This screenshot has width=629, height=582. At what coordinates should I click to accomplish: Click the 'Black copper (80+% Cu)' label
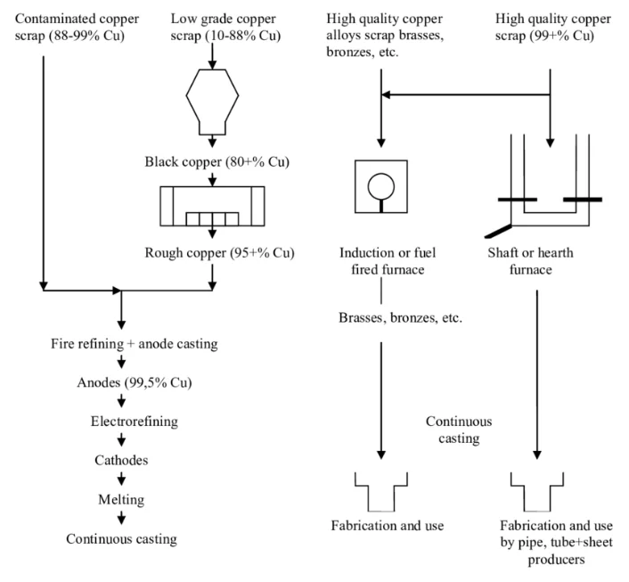pyautogui.click(x=217, y=161)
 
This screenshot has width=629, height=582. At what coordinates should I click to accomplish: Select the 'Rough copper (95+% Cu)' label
pyautogui.click(x=219, y=253)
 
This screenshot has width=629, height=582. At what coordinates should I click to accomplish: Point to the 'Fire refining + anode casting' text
pyautogui.click(x=135, y=344)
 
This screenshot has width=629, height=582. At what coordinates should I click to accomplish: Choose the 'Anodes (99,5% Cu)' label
pyautogui.click(x=135, y=382)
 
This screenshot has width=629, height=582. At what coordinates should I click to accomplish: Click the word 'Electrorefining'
pyautogui.click(x=135, y=422)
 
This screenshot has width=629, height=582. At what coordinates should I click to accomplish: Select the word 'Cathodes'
pyautogui.click(x=121, y=460)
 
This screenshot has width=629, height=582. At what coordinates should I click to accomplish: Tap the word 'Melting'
pyautogui.click(x=121, y=500)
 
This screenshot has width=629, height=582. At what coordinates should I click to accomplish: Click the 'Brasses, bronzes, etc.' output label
pyautogui.click(x=400, y=318)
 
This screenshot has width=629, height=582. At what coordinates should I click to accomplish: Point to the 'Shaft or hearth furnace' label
pyautogui.click(x=530, y=261)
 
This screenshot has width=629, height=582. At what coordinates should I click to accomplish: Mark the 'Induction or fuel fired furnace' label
pyautogui.click(x=388, y=261)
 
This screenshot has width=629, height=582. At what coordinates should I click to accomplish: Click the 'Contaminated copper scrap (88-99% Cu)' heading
pyautogui.click(x=77, y=27)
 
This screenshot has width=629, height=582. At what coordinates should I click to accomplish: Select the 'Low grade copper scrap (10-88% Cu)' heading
pyautogui.click(x=225, y=27)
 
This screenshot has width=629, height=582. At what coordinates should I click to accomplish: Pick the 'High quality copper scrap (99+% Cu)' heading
pyautogui.click(x=552, y=27)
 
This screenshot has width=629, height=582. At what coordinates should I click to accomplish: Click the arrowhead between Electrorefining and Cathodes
pyautogui.click(x=121, y=441)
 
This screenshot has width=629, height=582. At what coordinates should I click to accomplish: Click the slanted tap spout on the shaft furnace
pyautogui.click(x=498, y=231)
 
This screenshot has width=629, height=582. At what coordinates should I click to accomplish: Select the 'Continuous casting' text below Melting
pyautogui.click(x=121, y=539)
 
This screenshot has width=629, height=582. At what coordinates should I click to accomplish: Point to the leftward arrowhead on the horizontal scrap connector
pyautogui.click(x=386, y=94)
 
